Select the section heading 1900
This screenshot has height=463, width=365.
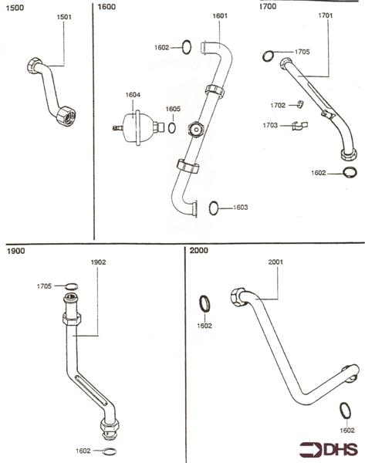click(x=16, y=251)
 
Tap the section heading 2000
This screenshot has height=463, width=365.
click(x=201, y=251)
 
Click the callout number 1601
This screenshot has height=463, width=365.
click(x=220, y=15)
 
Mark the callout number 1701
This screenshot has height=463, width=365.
click(x=325, y=15)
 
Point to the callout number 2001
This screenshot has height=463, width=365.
click(x=277, y=262)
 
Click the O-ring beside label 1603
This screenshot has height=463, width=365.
click(x=216, y=207)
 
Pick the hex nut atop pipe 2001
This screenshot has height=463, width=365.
click(x=238, y=296)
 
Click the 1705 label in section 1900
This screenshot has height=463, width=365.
click(x=45, y=286)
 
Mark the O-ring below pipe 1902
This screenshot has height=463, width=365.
click(x=110, y=451)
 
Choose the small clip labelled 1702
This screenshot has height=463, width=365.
click(x=299, y=105)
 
